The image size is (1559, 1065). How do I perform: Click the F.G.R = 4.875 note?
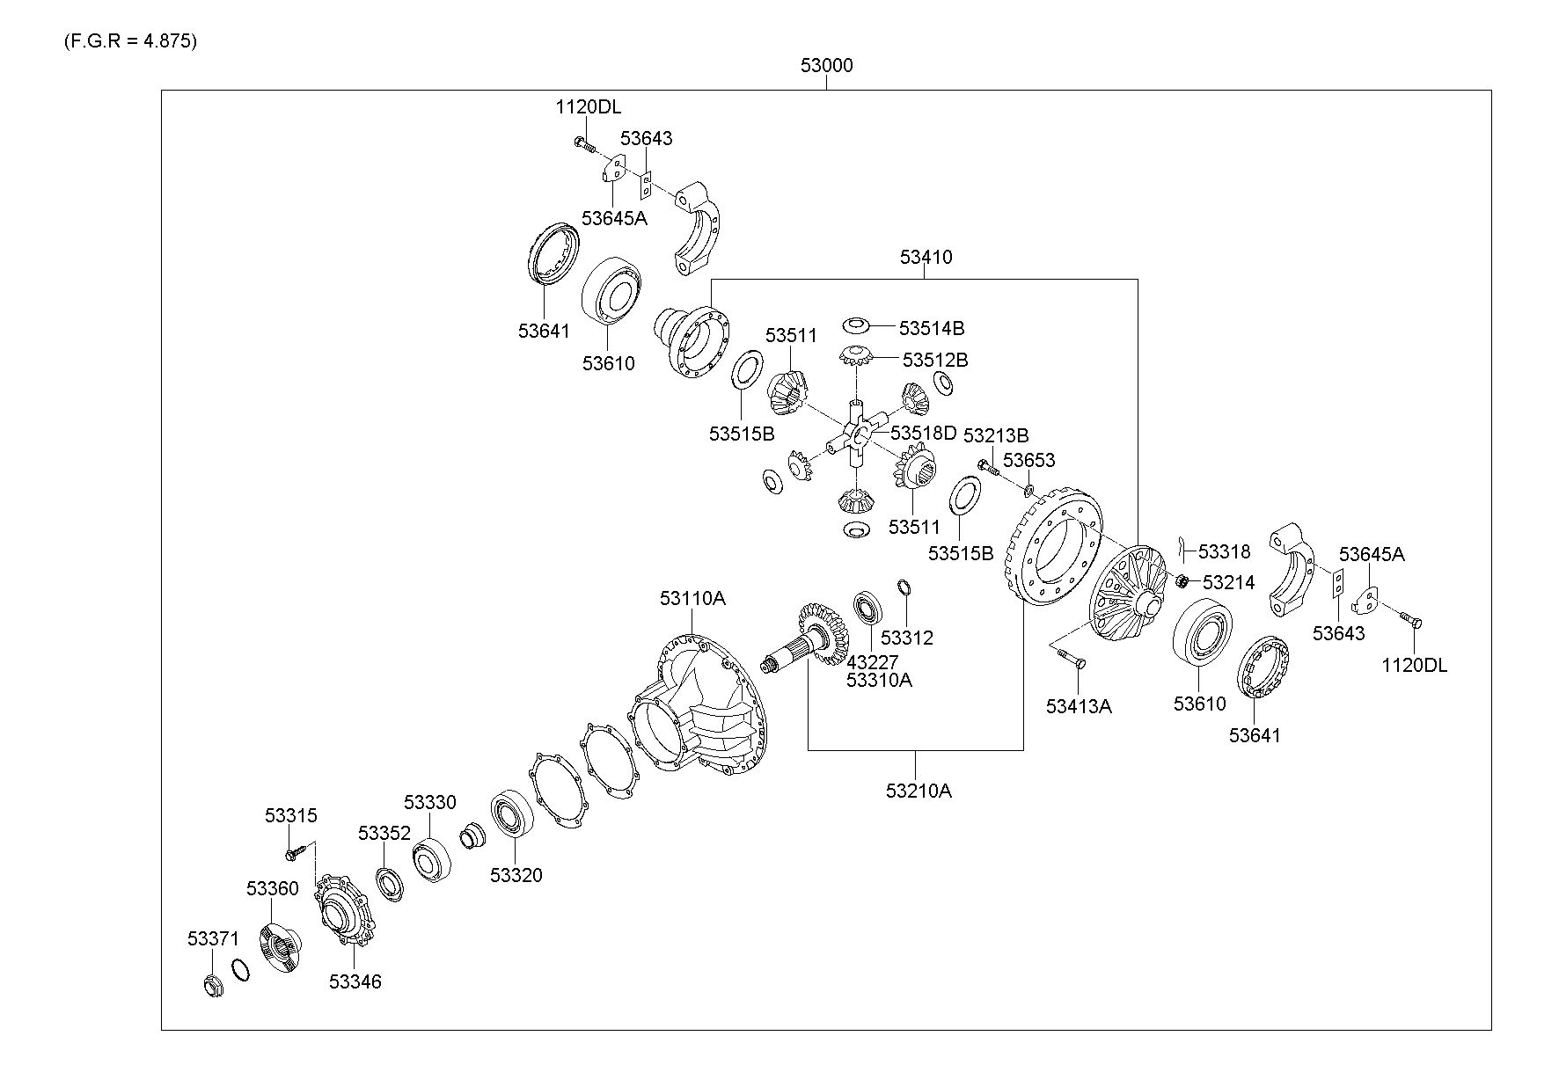tap(129, 41)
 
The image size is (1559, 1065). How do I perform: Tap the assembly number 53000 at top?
tap(826, 65)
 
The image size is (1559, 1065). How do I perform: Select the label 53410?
tap(926, 257)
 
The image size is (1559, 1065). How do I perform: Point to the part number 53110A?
tap(692, 598)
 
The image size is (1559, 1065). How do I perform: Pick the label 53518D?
tap(923, 433)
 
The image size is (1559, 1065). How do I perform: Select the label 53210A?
tap(919, 791)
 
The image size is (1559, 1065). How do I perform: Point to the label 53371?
tap(213, 939)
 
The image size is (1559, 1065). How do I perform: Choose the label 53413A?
tap(1079, 705)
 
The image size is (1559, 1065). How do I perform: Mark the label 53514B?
tap(932, 328)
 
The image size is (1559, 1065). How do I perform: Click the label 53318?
tap(1224, 552)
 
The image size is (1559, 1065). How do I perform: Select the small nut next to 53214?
tap(1182, 580)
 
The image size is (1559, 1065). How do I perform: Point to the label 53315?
tap(291, 815)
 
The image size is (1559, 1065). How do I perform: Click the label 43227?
tap(872, 661)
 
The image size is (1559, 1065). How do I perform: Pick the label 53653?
tap(1029, 460)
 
